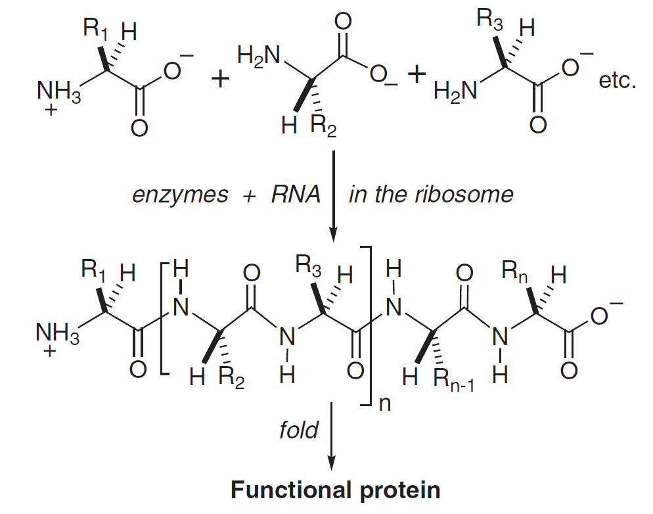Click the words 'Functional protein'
pyautogui.click(x=335, y=490)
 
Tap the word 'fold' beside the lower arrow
pyautogui.click(x=298, y=431)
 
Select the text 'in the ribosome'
pyautogui.click(x=430, y=195)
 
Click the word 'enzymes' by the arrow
pyautogui.click(x=181, y=195)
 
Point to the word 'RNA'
pyautogui.click(x=296, y=195)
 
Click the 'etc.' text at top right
pyautogui.click(x=618, y=82)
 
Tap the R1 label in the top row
pyautogui.click(x=96, y=28)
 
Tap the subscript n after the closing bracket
pyautogui.click(x=385, y=404)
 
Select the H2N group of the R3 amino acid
pyautogui.click(x=455, y=92)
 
